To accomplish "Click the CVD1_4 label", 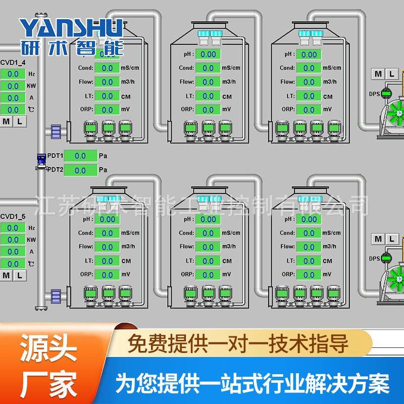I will (x=13, y=62).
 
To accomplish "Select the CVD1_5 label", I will (x=13, y=216).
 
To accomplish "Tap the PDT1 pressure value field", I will (x=80, y=156).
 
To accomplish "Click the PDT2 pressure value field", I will (x=80, y=170).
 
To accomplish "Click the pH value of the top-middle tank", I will (x=208, y=54).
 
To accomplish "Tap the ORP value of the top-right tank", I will (x=309, y=109).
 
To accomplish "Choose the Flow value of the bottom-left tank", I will (x=107, y=247).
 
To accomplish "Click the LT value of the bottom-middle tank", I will (x=208, y=261).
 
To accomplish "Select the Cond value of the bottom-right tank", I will (x=309, y=233).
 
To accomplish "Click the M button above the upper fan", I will (x=378, y=74).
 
